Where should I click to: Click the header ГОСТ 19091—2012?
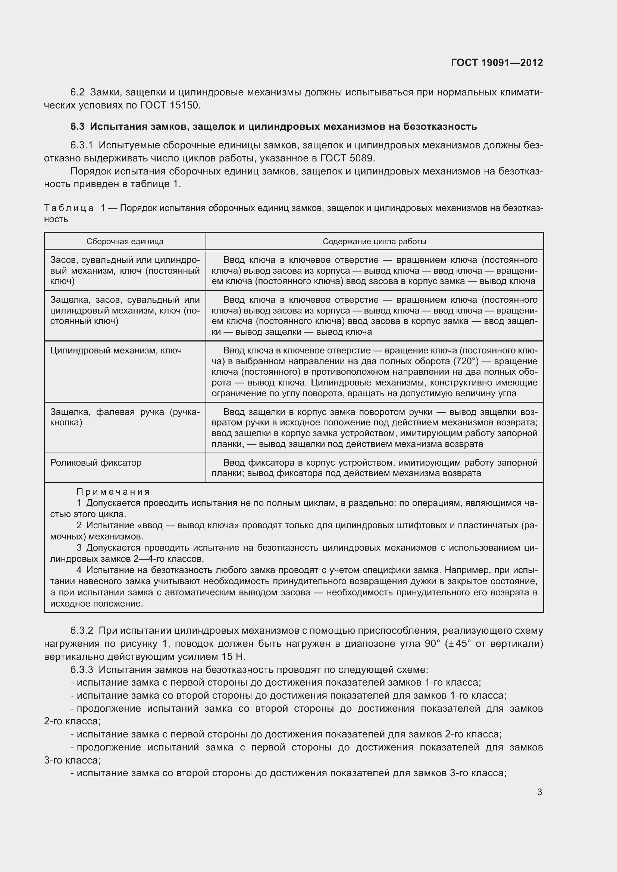point(497,63)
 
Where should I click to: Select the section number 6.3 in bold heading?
point(78,126)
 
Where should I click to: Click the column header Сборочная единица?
point(125,242)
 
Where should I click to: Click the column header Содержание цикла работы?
point(374,242)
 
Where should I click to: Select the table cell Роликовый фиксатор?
point(96,463)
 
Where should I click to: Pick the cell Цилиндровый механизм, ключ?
point(116,350)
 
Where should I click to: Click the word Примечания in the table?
point(113,492)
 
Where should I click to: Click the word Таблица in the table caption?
point(69,208)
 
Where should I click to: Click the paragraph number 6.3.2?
point(82,630)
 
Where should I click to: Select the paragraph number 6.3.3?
point(82,669)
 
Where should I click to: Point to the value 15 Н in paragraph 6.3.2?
point(234,656)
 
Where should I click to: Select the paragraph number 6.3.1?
point(82,145)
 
